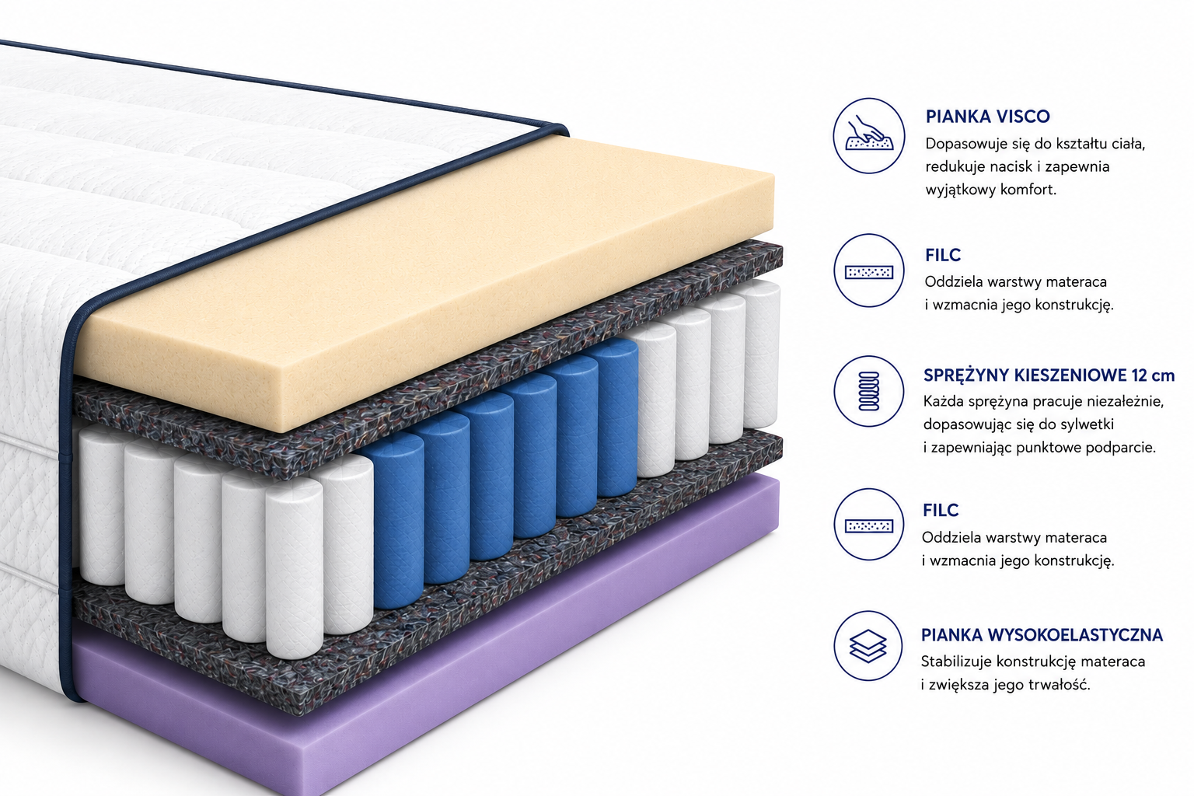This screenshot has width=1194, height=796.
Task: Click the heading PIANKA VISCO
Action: tap(988, 117)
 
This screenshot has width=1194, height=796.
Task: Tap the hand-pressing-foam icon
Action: tap(869, 135)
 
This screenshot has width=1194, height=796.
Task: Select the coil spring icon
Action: tap(869, 391)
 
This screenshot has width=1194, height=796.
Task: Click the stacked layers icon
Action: tap(868, 646)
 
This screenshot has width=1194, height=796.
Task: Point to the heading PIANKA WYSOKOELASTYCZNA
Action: tap(1042, 635)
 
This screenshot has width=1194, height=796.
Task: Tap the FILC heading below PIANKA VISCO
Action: tap(943, 255)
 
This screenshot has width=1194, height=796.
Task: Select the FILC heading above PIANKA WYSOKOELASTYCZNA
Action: tap(941, 510)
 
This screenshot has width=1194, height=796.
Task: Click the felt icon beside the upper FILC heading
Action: tap(869, 271)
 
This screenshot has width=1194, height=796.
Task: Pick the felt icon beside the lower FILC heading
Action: tap(869, 525)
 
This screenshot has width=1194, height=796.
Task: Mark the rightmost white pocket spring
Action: tap(762, 354)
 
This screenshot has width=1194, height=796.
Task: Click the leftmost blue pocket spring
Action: tap(397, 520)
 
